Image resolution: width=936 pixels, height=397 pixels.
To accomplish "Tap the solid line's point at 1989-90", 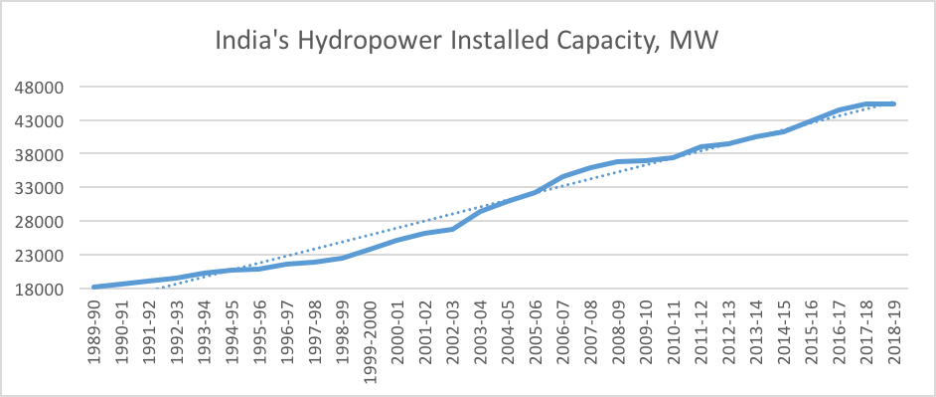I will coord(94,287).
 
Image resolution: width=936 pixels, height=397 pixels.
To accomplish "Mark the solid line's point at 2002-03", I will coord(452,230).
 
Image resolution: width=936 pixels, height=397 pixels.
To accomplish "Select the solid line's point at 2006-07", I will coord(562,177).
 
